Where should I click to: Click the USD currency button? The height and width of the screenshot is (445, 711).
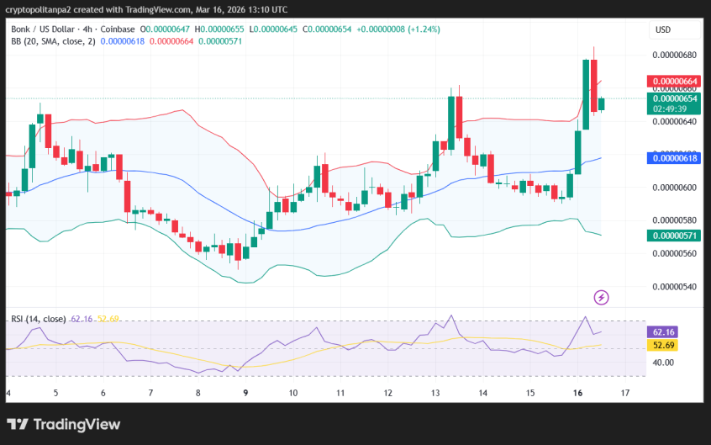click(x=663, y=30)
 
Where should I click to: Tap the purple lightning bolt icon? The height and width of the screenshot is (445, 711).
click(x=601, y=297)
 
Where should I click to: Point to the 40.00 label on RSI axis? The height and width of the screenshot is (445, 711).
click(x=664, y=363)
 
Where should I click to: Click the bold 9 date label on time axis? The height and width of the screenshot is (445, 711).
click(x=245, y=393)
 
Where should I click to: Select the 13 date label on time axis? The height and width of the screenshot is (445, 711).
click(x=435, y=393)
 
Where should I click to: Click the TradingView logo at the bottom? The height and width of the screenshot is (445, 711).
click(x=64, y=425)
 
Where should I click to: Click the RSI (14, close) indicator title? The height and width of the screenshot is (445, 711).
click(x=38, y=319)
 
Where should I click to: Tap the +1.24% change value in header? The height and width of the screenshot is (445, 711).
click(x=424, y=29)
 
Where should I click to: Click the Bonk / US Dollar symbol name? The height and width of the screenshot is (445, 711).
click(x=43, y=29)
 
